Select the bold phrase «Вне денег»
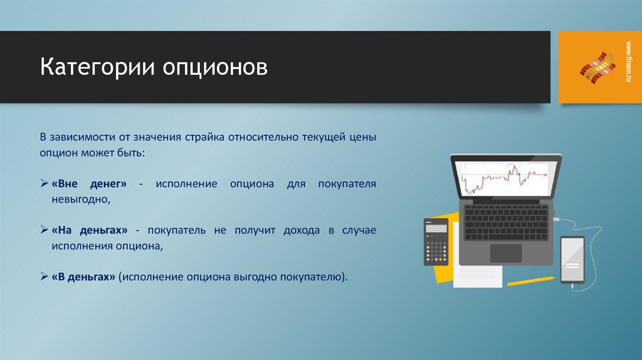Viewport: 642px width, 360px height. (89, 184)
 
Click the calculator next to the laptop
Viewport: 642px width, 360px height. (436, 241)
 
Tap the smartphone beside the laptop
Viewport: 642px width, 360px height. (572, 260)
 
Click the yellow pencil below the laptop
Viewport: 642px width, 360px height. (530, 281)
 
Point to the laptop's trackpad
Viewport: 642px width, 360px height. (505, 253)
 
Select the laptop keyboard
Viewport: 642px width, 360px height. (505, 221)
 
